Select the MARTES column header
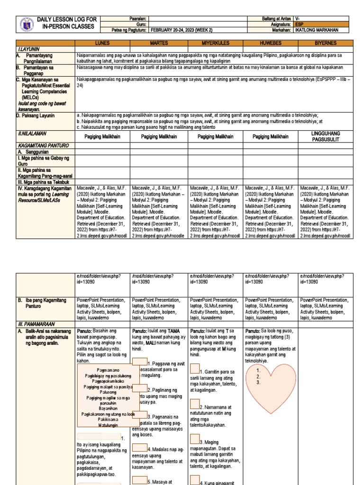coord(159,43)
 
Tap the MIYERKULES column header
coord(215,43)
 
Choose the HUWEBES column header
coord(270,43)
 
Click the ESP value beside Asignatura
coord(299,23)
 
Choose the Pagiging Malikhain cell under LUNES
coord(102,137)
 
